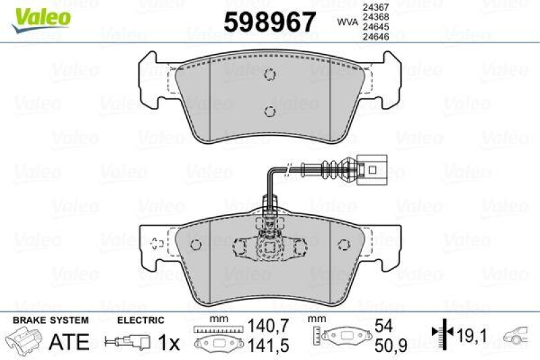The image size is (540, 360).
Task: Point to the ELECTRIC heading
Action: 140,319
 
